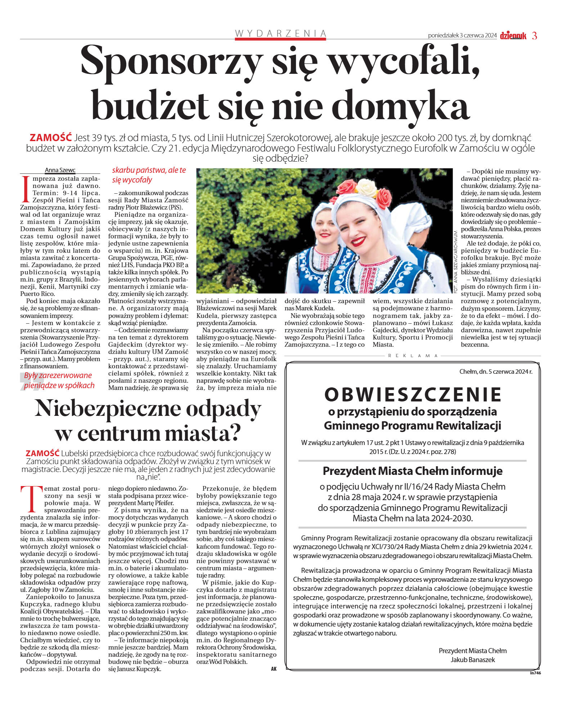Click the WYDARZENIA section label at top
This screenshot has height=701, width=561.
click(280, 33)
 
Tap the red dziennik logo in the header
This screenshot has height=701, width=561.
click(513, 36)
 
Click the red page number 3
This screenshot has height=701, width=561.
click(534, 36)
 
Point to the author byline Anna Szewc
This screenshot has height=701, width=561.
click(60, 170)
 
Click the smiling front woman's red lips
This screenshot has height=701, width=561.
click(358, 241)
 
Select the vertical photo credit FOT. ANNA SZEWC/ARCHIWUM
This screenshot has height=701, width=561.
click(455, 262)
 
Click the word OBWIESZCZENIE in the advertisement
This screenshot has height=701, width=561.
click(413, 394)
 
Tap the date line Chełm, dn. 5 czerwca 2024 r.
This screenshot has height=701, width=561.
click(495, 372)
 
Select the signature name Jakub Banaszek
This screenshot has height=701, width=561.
click(472, 660)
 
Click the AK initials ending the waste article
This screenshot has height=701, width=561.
click(274, 669)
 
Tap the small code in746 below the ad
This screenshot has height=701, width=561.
click(535, 673)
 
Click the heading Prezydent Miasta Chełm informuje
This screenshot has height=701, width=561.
click(413, 471)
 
